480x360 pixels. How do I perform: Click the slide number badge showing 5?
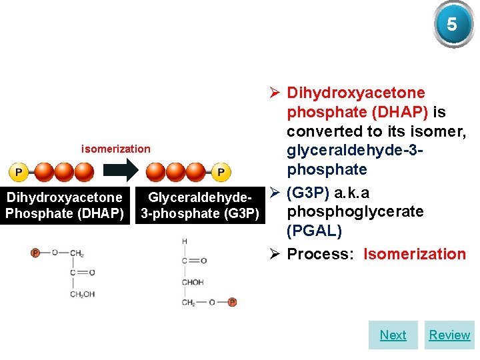point(452,25)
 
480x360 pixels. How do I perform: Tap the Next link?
point(393,335)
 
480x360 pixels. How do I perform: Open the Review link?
point(449,335)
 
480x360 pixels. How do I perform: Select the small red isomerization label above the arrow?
point(115,149)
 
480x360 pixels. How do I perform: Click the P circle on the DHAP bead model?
point(18,172)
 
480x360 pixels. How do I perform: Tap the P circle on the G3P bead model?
point(221,172)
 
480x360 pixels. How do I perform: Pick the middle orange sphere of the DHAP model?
point(64,172)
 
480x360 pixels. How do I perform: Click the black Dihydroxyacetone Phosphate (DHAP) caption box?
point(65,205)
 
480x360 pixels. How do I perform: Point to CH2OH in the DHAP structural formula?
point(83,294)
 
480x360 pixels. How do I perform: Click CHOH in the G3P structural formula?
point(193,282)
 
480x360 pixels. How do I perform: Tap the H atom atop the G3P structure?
point(184,241)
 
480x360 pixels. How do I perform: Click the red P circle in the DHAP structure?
point(35,253)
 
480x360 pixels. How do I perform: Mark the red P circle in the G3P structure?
point(232,302)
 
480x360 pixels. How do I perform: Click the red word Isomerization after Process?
point(415,254)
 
